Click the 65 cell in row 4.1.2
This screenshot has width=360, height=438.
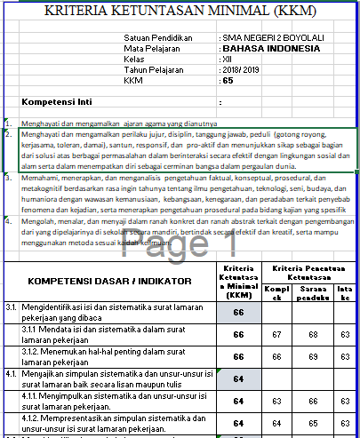[312, 422]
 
